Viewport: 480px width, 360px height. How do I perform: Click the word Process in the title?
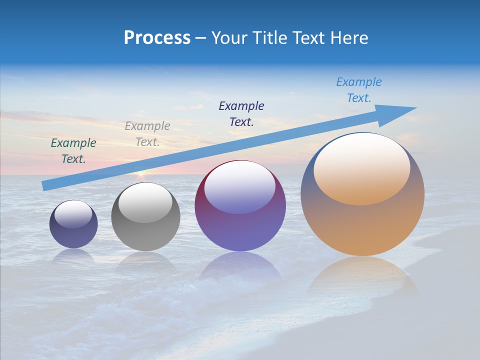click(157, 38)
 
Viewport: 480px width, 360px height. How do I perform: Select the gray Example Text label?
click(147, 134)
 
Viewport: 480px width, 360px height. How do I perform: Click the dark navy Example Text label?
click(241, 114)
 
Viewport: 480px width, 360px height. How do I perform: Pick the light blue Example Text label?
click(359, 90)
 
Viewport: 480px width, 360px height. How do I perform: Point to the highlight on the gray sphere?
click(145, 202)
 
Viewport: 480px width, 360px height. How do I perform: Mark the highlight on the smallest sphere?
click(73, 214)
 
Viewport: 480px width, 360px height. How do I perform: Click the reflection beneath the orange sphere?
click(362, 277)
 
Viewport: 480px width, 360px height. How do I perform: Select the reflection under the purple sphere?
click(240, 267)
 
